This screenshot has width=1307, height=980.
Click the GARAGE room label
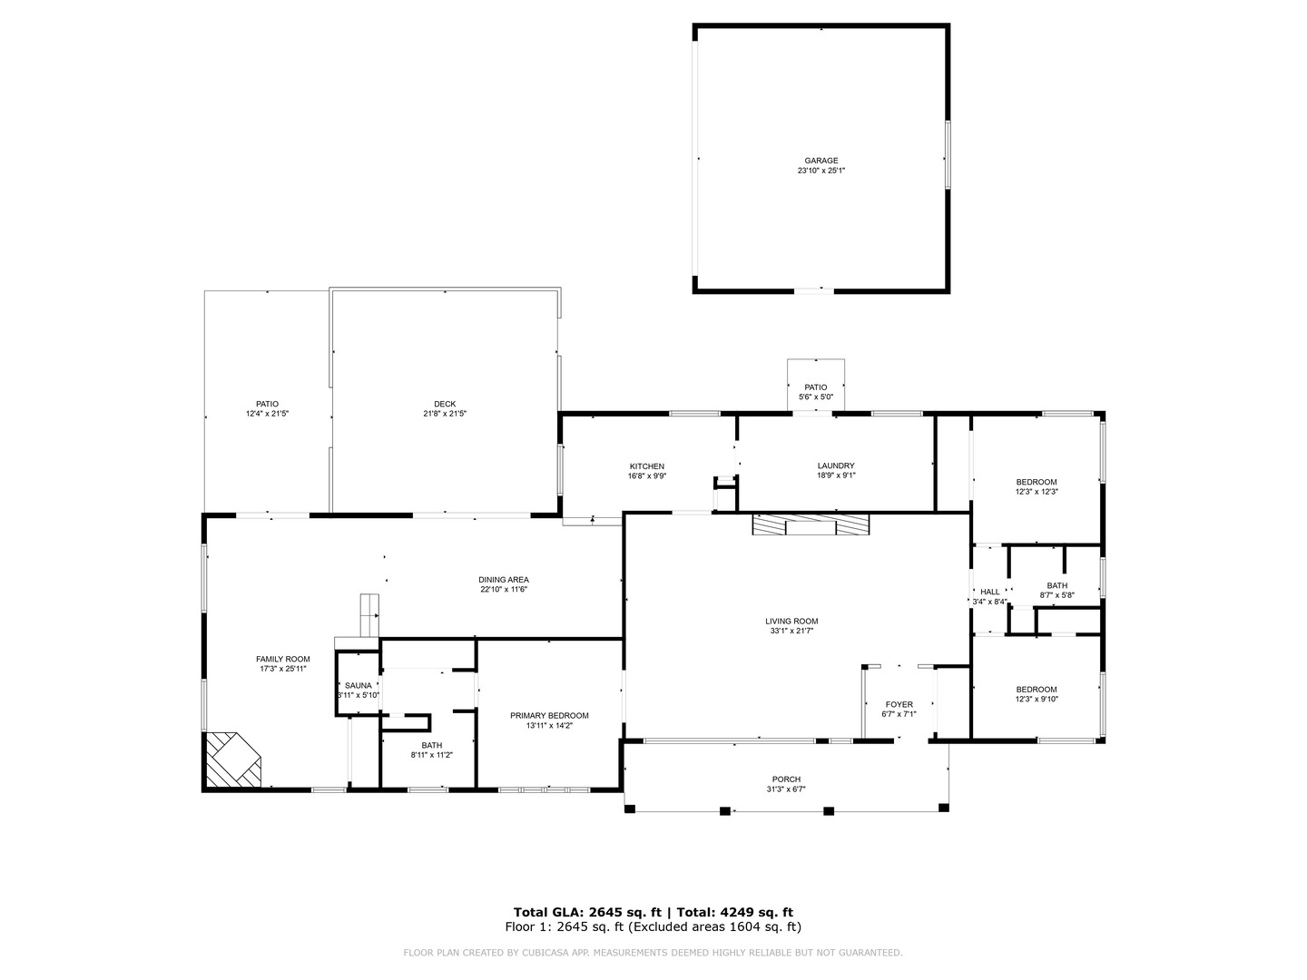[x=821, y=161]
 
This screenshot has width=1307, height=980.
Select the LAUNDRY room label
[x=835, y=466]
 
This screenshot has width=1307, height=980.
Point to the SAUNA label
[x=358, y=685]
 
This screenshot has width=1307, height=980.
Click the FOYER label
[x=899, y=704]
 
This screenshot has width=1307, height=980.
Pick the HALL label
[x=989, y=592]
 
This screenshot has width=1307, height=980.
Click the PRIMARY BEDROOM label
[x=549, y=715]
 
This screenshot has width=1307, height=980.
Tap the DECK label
[x=445, y=404]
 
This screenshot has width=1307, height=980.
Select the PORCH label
[x=786, y=779]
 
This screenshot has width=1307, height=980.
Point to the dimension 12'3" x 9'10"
[x=1037, y=699]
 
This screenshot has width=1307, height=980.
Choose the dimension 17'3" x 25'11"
[x=282, y=669]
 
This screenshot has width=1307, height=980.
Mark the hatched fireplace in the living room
[x=810, y=524]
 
